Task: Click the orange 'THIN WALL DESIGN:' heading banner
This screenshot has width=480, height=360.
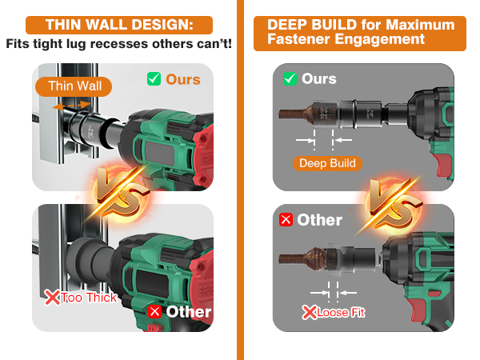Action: [x=119, y=25]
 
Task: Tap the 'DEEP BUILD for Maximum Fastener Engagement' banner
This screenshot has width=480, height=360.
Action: [x=360, y=34]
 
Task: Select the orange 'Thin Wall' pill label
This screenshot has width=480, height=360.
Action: [x=74, y=86]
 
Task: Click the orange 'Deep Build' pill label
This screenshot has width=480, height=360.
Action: [x=327, y=163]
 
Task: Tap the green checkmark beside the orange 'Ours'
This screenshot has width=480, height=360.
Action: [x=154, y=79]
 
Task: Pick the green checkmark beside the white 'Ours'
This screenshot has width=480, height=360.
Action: [x=290, y=78]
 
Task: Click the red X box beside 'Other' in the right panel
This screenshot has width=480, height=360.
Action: [x=286, y=220]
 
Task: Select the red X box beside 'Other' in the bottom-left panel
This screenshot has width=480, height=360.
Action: [x=155, y=312]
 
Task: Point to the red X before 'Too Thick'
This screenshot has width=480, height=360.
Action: [x=52, y=298]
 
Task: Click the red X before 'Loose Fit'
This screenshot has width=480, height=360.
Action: [x=309, y=313]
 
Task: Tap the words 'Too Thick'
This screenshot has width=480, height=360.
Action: [x=89, y=298]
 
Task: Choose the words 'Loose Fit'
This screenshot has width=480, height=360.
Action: [x=341, y=313]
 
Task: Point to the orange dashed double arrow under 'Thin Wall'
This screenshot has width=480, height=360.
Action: [x=72, y=106]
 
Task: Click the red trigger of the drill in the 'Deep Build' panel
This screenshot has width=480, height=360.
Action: [x=443, y=165]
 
